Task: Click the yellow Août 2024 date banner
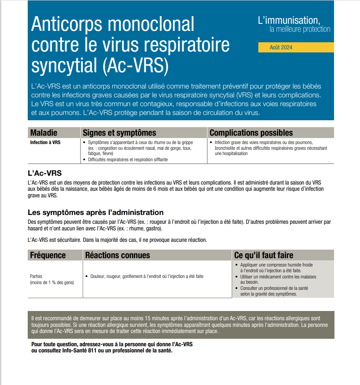(296, 48)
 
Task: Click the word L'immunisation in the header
(289, 20)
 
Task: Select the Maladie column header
(44, 133)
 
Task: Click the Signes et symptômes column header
(119, 133)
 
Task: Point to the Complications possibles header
(251, 133)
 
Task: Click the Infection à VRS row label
(45, 143)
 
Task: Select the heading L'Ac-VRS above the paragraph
(44, 173)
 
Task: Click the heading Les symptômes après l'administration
(96, 212)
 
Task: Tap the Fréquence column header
(48, 255)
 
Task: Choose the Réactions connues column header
(117, 255)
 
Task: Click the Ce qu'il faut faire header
(264, 255)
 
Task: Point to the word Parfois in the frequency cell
(36, 276)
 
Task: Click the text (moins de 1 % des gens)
(52, 282)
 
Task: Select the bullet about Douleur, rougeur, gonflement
(147, 277)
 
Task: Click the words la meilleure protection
(300, 29)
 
